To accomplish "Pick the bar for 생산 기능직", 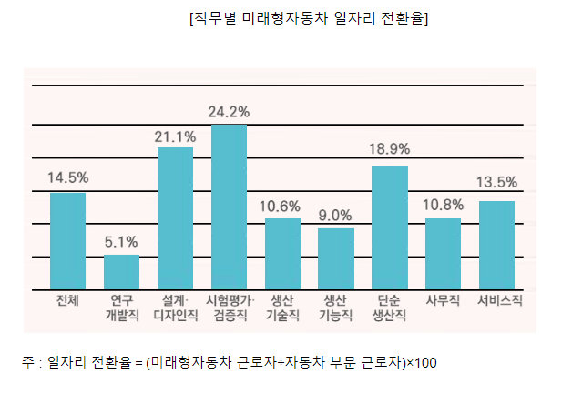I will pyautogui.click(x=336, y=258).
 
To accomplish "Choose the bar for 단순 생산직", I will pyautogui.click(x=389, y=227).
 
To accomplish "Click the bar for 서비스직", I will pyautogui.click(x=496, y=245).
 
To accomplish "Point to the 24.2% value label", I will pyautogui.click(x=229, y=112).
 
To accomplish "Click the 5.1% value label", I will pyautogui.click(x=121, y=242).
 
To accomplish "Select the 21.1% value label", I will pyautogui.click(x=175, y=136).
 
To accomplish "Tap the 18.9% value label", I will pyautogui.click(x=389, y=148).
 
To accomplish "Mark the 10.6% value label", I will pyautogui.click(x=282, y=205).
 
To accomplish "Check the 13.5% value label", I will pyautogui.click(x=496, y=182).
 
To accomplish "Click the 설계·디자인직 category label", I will pyautogui.click(x=175, y=308).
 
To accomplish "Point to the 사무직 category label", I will pyautogui.click(x=443, y=299).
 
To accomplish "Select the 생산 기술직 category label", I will pyautogui.click(x=282, y=308).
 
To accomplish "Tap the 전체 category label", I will pyautogui.click(x=67, y=299).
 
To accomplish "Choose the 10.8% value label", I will pyautogui.click(x=443, y=205).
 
